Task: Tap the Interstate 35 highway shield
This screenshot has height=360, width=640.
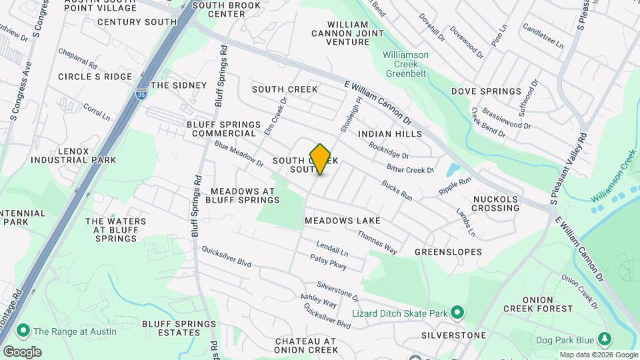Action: tap(141, 95)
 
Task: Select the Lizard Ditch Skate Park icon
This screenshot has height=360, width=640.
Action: tap(457, 312)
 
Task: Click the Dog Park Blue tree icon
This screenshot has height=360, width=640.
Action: tap(604, 339)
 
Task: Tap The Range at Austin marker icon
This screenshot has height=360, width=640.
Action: tap(23, 331)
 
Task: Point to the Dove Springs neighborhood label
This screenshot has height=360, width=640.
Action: tap(486, 91)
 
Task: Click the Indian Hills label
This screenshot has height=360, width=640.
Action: tap(390, 134)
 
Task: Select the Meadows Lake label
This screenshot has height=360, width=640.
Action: tap(343, 221)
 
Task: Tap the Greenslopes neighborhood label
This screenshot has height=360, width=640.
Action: tap(448, 253)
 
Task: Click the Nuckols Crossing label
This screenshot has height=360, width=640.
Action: tap(495, 203)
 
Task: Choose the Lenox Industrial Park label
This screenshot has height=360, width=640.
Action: tap(73, 156)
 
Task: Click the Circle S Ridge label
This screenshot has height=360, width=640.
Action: tap(95, 77)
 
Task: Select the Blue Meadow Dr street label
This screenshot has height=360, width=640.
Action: tap(239, 155)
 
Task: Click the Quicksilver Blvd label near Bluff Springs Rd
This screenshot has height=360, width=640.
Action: tap(227, 257)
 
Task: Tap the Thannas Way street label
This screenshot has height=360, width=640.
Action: tap(377, 242)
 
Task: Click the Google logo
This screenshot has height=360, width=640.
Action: tap(21, 351)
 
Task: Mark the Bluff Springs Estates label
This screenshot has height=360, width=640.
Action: tap(179, 329)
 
